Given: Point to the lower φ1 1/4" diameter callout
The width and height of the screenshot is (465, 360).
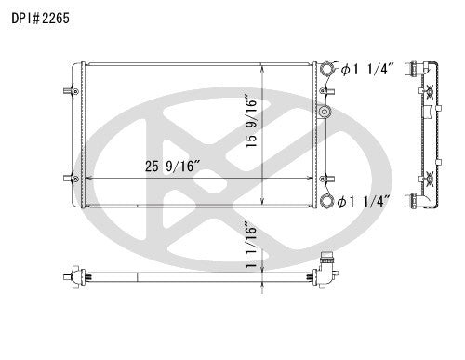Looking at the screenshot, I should coord(365,201).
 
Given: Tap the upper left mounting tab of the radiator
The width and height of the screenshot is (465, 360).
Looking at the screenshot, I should coord(69,91).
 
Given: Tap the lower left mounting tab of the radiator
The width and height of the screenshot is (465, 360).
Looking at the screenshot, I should coord(69,179).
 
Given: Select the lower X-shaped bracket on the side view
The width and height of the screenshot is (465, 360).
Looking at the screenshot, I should coord(430,177).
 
